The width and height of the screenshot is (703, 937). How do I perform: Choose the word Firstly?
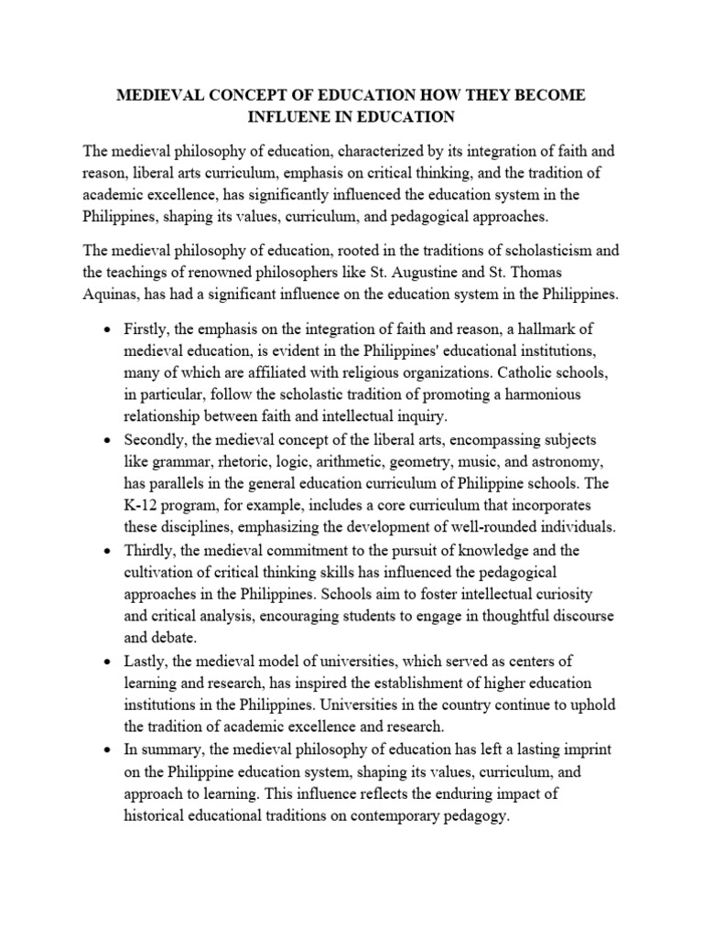[x=147, y=328]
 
